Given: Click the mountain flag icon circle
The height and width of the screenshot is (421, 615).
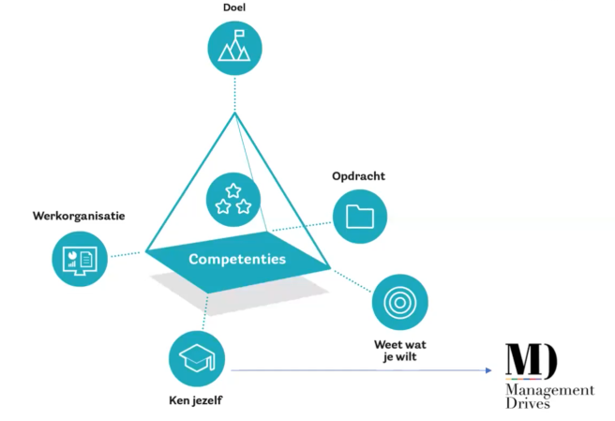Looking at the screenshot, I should pos(234,48).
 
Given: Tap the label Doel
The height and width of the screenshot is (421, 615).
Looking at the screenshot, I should pos(233,8).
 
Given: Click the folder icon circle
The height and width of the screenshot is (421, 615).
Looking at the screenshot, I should pos(359,216).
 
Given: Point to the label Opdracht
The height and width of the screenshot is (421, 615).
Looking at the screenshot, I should pos(358,176).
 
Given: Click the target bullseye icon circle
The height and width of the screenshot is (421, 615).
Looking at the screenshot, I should pos(399,302).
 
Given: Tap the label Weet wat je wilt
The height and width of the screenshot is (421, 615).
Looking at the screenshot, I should pos(400,350).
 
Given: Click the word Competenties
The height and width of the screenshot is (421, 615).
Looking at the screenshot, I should pos(236,259).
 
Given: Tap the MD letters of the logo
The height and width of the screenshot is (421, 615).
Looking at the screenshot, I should pos(532,361).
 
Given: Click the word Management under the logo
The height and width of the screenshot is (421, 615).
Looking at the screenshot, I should pos(548,389).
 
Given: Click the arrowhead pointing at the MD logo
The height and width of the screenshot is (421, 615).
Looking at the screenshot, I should pos(489,370).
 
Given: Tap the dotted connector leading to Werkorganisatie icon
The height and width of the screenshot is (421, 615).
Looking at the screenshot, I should pos(127,253).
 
